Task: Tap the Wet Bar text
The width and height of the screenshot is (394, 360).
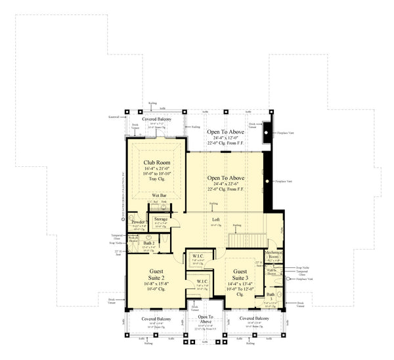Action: tap(158, 196)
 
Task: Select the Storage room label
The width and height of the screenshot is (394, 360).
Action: tap(161, 219)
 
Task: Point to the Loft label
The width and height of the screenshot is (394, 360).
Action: tap(215, 219)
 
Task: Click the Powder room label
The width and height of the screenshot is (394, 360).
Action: tap(139, 222)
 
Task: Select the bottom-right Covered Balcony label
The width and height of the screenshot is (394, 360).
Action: tap(255, 318)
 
